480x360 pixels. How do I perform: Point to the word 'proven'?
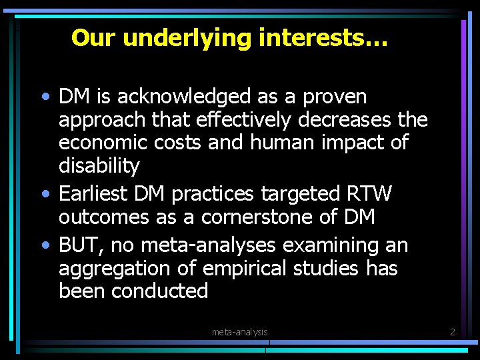pyautogui.click(x=335, y=97)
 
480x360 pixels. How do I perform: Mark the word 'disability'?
pyautogui.click(x=99, y=165)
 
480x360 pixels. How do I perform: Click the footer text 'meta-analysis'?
pyautogui.click(x=240, y=331)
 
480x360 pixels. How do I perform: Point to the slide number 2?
pyautogui.click(x=452, y=331)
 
